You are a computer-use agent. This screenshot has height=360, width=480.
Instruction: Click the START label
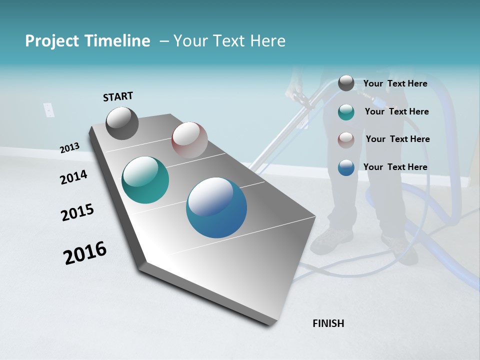click(118, 96)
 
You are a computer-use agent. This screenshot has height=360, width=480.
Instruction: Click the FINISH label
click(328, 323)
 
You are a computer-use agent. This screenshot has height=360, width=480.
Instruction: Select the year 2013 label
click(69, 147)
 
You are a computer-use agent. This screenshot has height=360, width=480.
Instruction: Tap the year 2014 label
click(73, 177)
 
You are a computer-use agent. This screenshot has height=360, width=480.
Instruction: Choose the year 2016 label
click(84, 252)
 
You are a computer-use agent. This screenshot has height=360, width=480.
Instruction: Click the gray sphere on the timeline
click(122, 123)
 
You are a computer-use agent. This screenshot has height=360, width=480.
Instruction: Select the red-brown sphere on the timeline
click(189, 140)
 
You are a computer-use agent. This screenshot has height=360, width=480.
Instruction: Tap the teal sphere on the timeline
click(145, 180)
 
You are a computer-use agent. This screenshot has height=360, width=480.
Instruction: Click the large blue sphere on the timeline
click(216, 207)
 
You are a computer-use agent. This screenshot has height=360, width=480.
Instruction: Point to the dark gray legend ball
click(346, 83)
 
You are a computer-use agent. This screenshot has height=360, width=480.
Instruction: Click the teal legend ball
click(346, 112)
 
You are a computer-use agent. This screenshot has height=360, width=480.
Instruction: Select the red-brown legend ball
click(346, 140)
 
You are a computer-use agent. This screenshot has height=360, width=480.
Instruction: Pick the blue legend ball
click(346, 167)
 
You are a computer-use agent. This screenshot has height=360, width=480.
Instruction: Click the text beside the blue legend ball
click(395, 167)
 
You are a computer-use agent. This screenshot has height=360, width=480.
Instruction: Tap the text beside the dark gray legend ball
click(395, 83)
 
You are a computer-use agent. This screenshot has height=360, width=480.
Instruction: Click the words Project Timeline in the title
click(87, 41)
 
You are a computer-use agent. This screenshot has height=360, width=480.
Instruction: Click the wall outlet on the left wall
click(48, 110)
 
